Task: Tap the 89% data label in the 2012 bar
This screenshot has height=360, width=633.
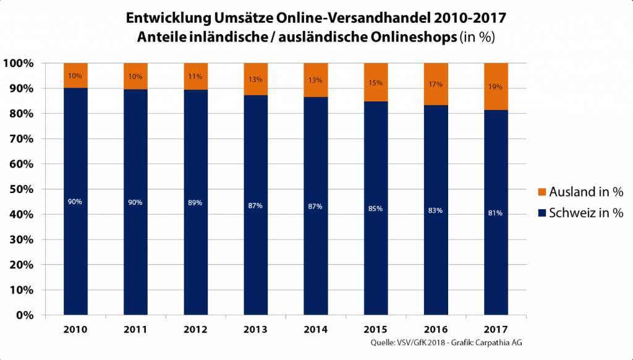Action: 195,203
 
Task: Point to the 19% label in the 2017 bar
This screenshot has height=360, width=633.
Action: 495,87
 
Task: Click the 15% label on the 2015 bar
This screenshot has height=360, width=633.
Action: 375,82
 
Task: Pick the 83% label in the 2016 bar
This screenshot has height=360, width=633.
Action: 435,210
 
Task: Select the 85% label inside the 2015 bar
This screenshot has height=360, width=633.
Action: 375,208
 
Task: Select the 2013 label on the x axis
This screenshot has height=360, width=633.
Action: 255,328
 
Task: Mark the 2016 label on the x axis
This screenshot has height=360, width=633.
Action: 435,328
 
